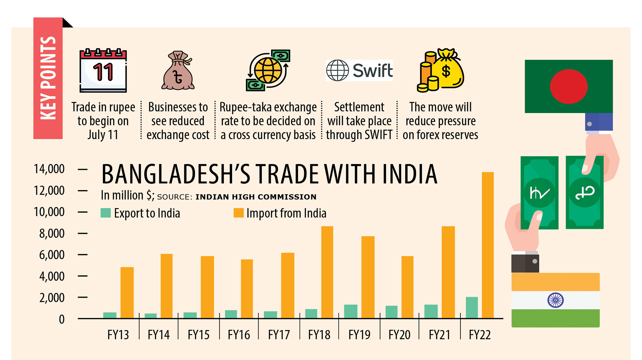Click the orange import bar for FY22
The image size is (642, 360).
(488, 244)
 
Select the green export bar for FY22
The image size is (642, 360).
(472, 307)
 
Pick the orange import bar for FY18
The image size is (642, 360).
(327, 272)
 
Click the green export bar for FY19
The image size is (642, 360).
(351, 311)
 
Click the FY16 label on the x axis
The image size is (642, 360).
(239, 335)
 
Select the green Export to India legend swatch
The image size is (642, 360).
(105, 213)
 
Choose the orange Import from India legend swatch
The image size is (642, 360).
(238, 213)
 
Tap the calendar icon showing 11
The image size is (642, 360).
(103, 71)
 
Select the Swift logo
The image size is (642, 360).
(359, 70)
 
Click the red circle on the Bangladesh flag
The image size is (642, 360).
(569, 86)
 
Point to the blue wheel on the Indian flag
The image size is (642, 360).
(555, 300)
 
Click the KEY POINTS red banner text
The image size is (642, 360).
(48, 78)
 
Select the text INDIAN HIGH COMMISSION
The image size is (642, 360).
(256, 197)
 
